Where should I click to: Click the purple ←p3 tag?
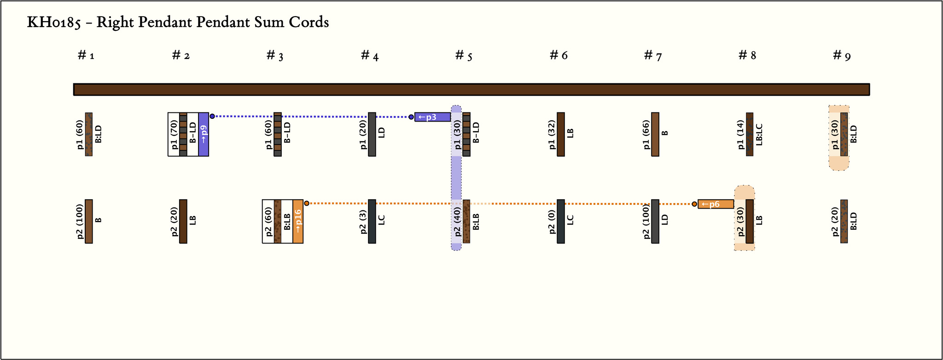[x=432, y=117]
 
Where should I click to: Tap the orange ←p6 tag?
[x=716, y=204]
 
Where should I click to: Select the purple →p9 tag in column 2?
[x=204, y=134]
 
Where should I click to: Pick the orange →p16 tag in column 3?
[x=298, y=221]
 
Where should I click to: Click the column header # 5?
[x=464, y=56]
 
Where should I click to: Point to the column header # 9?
[x=842, y=56]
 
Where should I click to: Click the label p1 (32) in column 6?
[x=552, y=134]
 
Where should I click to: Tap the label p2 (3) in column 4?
[x=363, y=221]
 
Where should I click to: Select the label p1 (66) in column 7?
[x=646, y=134]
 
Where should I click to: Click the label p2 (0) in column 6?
[x=552, y=221]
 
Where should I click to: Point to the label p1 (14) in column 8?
[x=740, y=134]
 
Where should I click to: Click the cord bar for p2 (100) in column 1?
[x=89, y=221]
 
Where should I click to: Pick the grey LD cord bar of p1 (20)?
[x=372, y=134]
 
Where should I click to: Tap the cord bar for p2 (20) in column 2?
[x=183, y=221]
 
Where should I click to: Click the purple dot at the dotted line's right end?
[x=411, y=117]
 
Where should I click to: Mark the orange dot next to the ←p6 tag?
[x=694, y=204]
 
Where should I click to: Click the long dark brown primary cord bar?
[x=471, y=89]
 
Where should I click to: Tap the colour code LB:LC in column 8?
[x=759, y=134]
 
